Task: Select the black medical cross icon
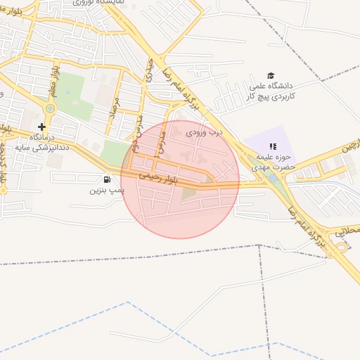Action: [41, 126]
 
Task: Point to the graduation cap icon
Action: [271, 76]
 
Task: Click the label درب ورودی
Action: [204, 131]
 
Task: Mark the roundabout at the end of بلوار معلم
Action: [50, 109]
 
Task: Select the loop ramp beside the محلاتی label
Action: [342, 245]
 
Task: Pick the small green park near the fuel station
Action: [112, 152]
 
